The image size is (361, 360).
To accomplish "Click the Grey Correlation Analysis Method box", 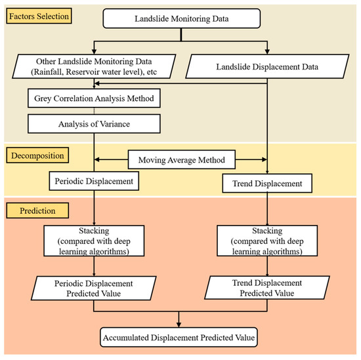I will pyautogui.click(x=94, y=100).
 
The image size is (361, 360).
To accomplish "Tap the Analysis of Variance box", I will pyautogui.click(x=94, y=123).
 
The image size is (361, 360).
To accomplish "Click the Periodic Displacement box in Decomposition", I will pyautogui.click(x=94, y=181).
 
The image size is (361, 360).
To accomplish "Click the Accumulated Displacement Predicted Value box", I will pyautogui.click(x=179, y=338).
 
